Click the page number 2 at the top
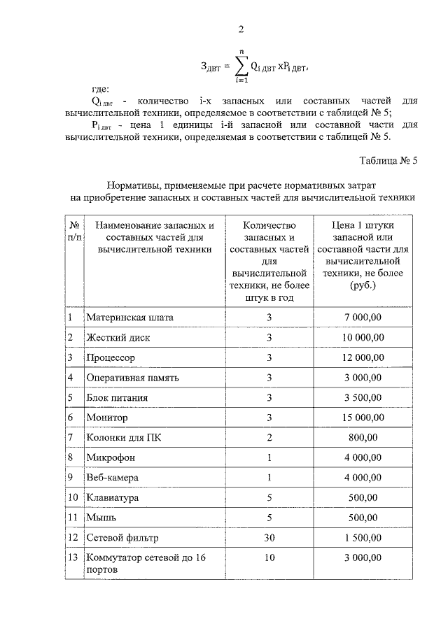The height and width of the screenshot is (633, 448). pos(241,29)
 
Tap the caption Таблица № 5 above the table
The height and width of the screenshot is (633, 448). pos(388,160)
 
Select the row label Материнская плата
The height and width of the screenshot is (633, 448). pos(129,318)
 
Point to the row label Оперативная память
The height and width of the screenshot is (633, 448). pos(133,378)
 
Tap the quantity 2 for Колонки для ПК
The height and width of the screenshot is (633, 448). pos(269,438)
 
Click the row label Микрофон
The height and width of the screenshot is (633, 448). pos(111,458)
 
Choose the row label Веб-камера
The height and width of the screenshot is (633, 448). pos(113,478)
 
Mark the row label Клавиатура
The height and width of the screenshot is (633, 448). pos(113,498)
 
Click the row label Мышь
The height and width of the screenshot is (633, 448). pos(101,518)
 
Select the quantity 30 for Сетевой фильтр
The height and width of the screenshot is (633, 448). pos(269,538)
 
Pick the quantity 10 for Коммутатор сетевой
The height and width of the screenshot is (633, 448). pos(269,557)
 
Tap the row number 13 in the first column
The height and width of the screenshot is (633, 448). pos(73,557)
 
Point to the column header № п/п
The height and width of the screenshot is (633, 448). pos(73,232)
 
